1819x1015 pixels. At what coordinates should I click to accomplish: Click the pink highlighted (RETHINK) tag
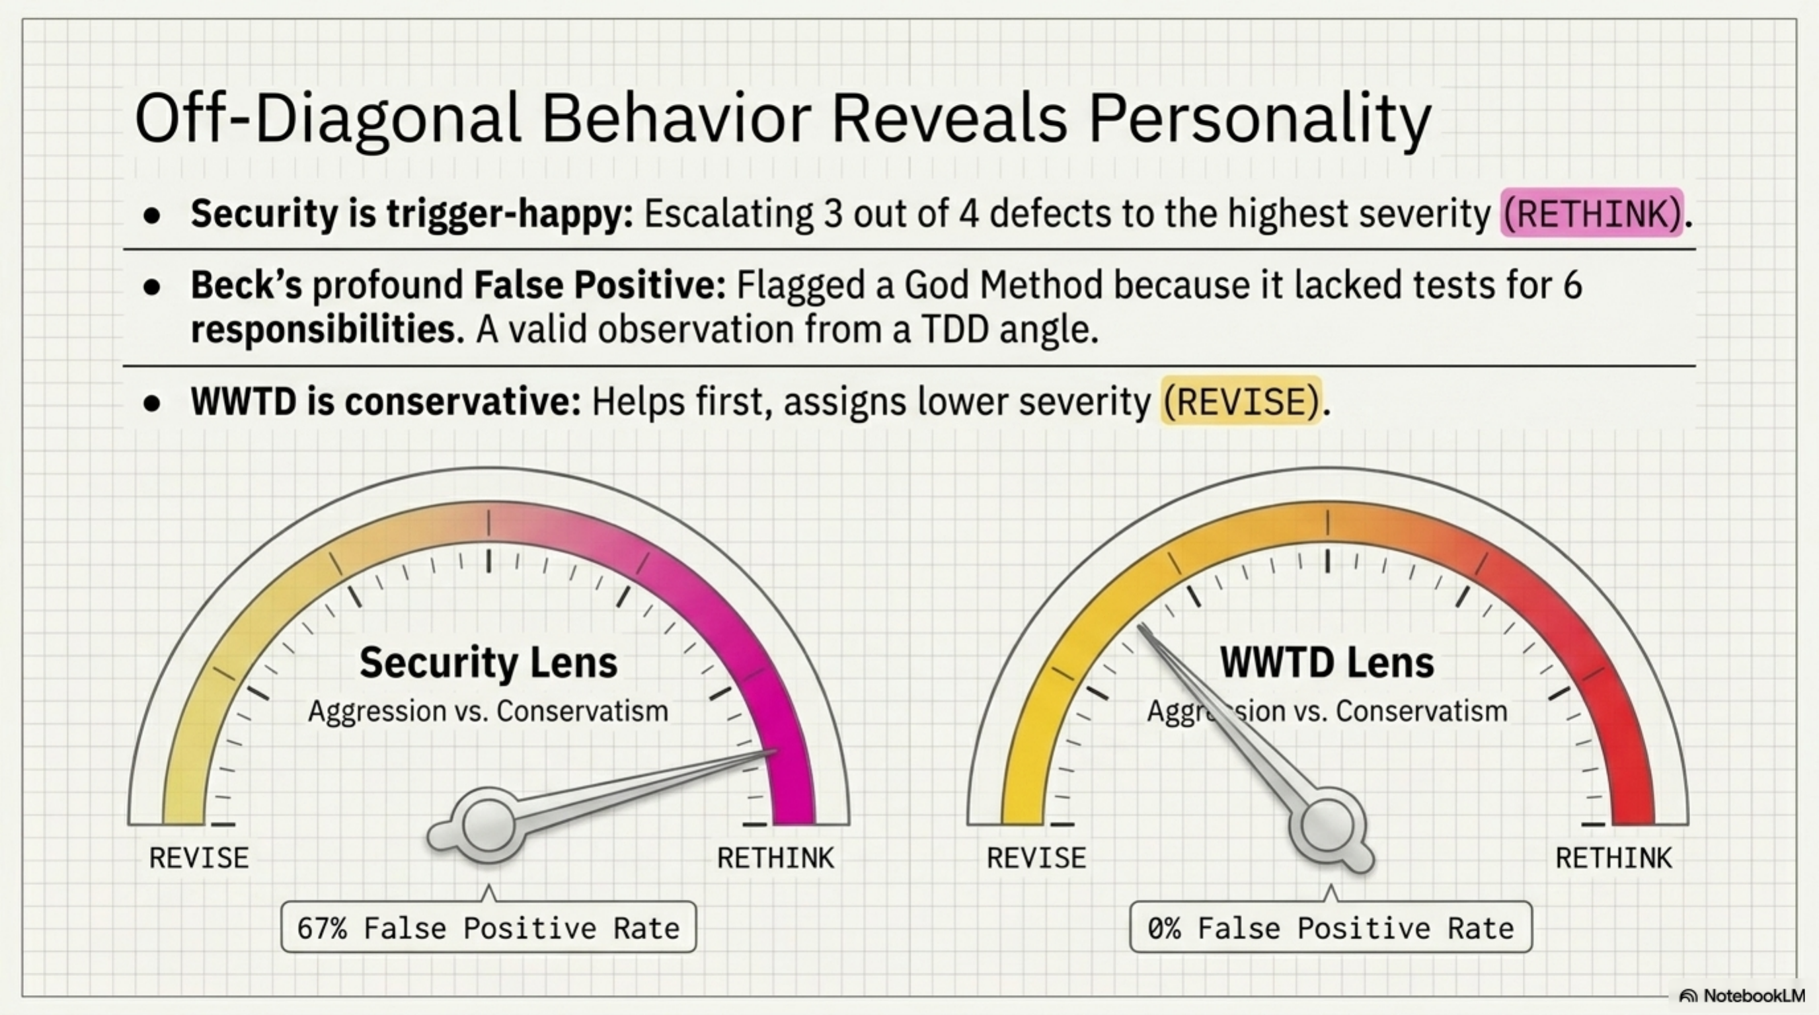click(1592, 213)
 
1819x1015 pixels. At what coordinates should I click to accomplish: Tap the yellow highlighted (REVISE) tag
click(1241, 402)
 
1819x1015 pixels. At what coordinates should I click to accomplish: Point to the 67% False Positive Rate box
click(488, 928)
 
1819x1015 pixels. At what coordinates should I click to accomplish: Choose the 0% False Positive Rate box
click(1331, 928)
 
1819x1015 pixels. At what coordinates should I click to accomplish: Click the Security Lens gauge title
click(488, 663)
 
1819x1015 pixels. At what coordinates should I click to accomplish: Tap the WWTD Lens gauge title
click(1327, 663)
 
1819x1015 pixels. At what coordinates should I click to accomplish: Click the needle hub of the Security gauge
click(488, 825)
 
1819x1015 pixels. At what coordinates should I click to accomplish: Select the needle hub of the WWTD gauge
click(1327, 826)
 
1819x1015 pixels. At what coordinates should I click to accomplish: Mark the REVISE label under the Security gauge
click(199, 858)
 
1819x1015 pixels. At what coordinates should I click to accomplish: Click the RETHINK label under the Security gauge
click(775, 858)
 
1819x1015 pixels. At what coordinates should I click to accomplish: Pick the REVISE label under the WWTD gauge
click(1036, 858)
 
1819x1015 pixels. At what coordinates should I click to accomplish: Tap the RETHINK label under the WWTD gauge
click(1613, 858)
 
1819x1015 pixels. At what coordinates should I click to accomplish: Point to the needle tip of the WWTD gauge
click(1140, 627)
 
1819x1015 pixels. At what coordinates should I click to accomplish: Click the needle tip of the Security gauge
click(775, 751)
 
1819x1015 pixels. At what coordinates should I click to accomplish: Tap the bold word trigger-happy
click(508, 213)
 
